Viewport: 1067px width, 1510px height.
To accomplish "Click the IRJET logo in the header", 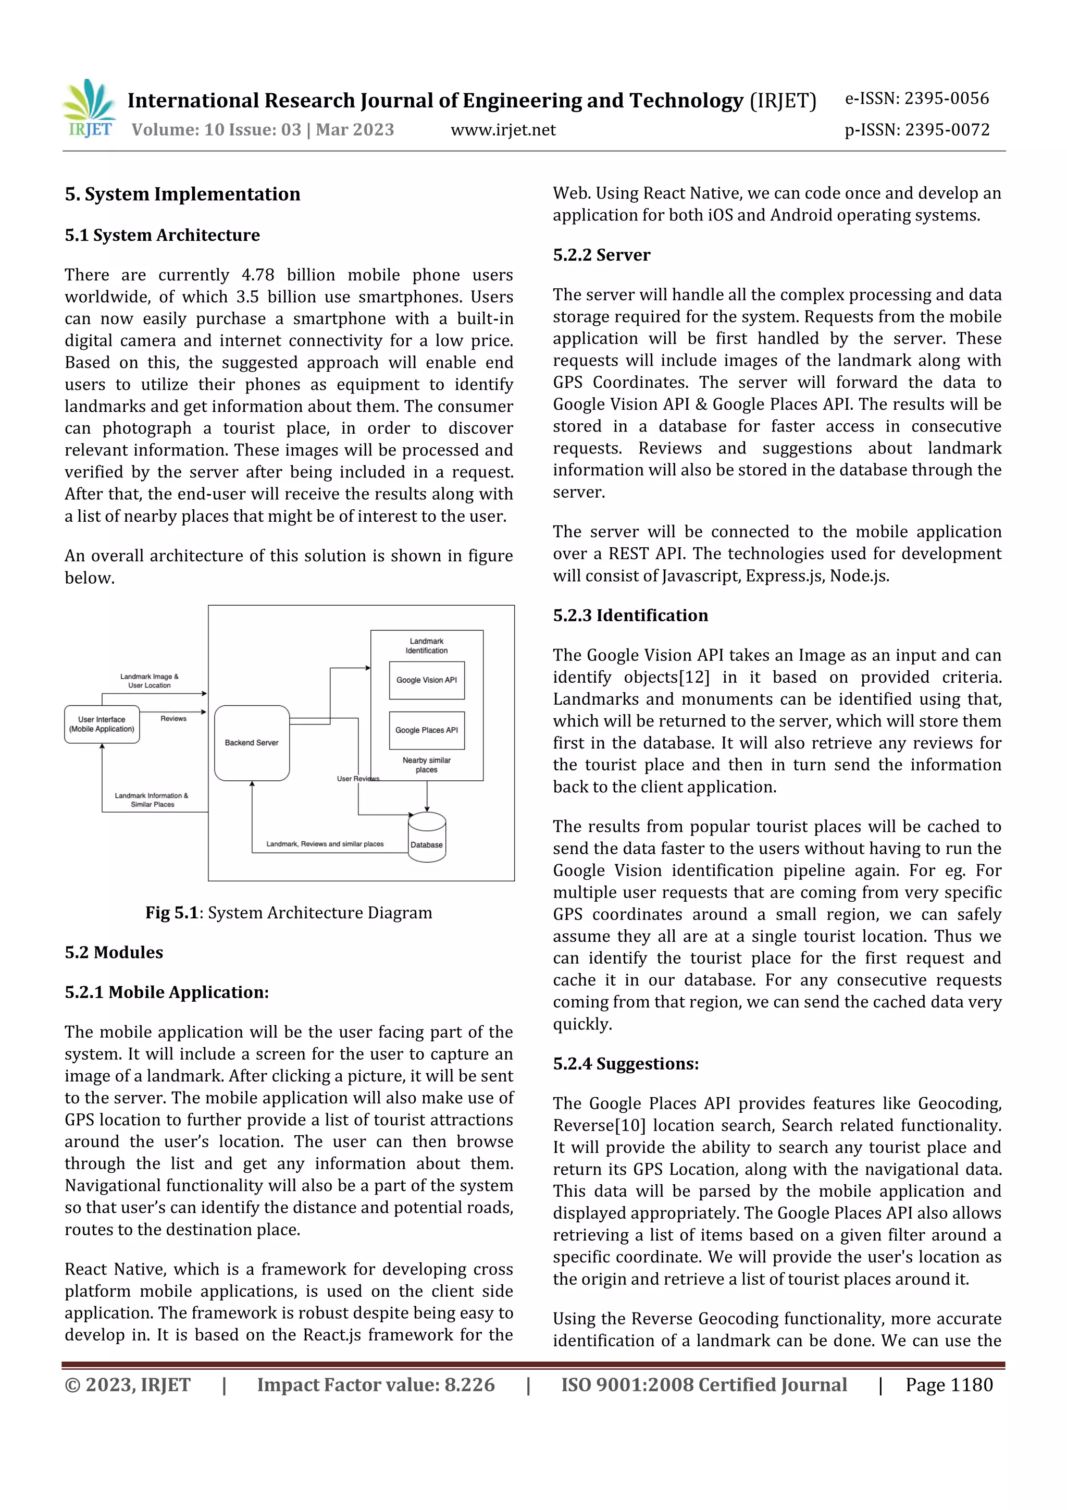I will (x=90, y=108).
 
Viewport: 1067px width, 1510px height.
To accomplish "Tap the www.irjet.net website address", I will (x=503, y=130).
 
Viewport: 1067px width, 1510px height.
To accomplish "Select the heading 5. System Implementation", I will (x=182, y=194).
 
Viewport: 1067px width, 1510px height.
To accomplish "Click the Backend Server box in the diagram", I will (x=252, y=743).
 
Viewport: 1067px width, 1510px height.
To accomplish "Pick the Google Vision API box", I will (x=427, y=680).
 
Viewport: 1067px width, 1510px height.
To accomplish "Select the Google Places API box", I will (x=427, y=730).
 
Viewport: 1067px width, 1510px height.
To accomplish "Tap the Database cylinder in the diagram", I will (x=427, y=837).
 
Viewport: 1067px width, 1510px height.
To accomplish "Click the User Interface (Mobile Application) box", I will (x=102, y=724).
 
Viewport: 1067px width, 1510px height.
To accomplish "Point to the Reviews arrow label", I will (x=173, y=718).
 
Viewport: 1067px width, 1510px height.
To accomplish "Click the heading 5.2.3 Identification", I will (x=630, y=616).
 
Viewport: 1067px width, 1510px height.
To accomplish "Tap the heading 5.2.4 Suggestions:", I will (x=625, y=1063).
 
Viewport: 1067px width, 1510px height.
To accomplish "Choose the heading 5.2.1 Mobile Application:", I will (x=166, y=992).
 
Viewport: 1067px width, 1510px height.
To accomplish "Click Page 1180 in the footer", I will (x=949, y=1384).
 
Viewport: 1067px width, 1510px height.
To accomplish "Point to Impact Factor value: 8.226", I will (x=376, y=1384).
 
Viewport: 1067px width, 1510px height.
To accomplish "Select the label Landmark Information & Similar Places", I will (x=152, y=800).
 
